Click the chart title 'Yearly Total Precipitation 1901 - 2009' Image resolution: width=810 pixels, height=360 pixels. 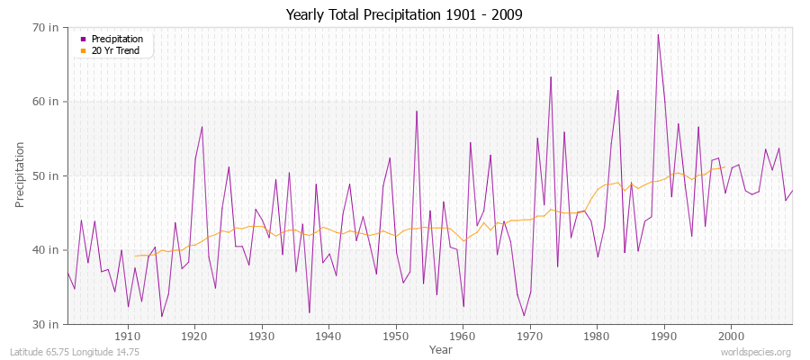coord(404,15)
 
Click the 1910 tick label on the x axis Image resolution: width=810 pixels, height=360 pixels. coord(128,336)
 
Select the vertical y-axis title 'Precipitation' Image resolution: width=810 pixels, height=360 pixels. coord(20,175)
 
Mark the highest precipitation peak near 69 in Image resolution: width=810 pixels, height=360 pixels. coord(658,35)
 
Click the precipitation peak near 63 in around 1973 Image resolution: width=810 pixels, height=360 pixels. coord(551,77)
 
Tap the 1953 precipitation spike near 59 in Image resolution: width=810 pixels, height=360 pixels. coord(417,112)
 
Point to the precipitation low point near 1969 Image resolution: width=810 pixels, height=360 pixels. coord(524,315)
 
